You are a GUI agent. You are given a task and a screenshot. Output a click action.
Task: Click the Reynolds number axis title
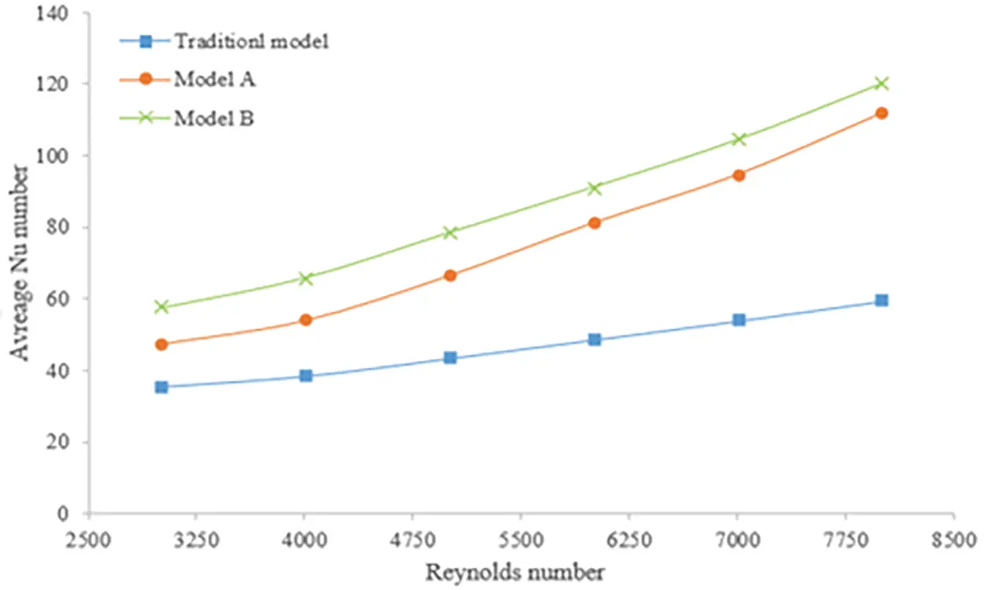point(516,572)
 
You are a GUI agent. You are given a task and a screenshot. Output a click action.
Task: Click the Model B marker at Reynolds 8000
point(882,83)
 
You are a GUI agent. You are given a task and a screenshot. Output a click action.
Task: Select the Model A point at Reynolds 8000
point(882,113)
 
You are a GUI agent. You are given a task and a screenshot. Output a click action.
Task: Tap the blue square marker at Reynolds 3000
point(161,387)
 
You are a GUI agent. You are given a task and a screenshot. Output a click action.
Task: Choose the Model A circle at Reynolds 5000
point(450,275)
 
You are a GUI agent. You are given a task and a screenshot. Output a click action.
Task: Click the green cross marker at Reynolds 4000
point(306,278)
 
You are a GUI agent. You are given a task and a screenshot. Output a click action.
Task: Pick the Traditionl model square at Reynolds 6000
point(594,340)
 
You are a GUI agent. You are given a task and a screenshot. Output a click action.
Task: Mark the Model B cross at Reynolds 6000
point(594,188)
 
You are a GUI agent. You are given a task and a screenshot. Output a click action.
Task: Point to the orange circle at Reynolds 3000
point(161,344)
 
